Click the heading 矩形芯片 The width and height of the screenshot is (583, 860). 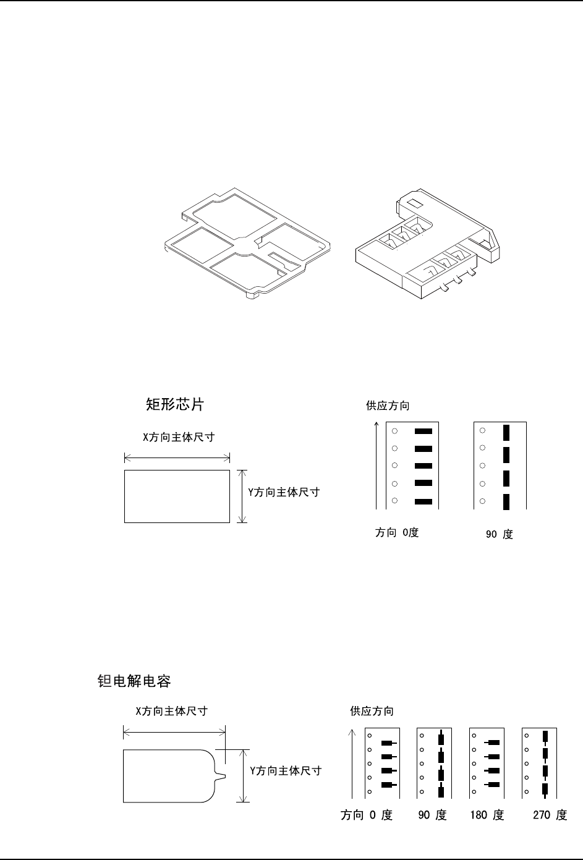click(x=174, y=404)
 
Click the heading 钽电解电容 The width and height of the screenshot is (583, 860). click(x=134, y=681)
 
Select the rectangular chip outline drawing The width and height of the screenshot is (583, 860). click(x=177, y=496)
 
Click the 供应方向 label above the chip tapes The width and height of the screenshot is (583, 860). click(x=388, y=406)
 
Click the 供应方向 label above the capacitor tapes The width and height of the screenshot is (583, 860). click(x=372, y=711)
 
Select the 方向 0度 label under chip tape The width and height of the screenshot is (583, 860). click(x=397, y=532)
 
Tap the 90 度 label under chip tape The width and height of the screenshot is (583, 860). click(x=499, y=534)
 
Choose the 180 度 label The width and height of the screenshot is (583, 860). click(x=487, y=815)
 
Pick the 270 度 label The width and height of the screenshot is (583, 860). click(x=550, y=815)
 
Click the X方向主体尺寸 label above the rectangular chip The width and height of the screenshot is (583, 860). click(x=179, y=437)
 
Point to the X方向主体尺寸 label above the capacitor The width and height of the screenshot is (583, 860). click(x=171, y=711)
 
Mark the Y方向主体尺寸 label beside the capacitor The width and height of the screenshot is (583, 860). click(x=285, y=771)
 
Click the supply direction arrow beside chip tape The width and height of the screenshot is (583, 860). click(x=377, y=464)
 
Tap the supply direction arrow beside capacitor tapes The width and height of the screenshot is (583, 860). click(x=352, y=764)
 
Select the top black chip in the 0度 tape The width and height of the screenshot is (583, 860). click(x=423, y=431)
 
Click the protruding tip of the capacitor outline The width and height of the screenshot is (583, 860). click(x=223, y=775)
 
